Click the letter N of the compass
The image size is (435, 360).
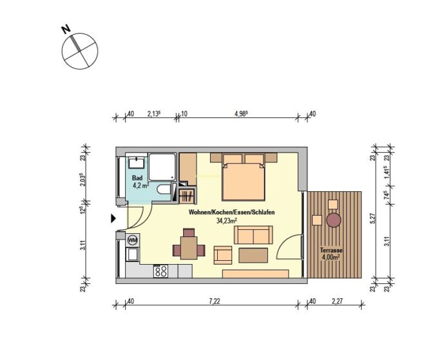pos(66,30)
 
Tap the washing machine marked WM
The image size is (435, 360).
pos(133,240)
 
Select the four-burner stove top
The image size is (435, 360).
pos(160,271)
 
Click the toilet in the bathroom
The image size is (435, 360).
pos(164,189)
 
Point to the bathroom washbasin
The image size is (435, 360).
pos(136,162)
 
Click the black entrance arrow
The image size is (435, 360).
pos(113,218)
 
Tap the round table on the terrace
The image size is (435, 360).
pos(333,220)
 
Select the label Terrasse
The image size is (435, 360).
pos(331,250)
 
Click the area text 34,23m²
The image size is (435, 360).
pos(226,221)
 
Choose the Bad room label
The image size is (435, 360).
pos(137,178)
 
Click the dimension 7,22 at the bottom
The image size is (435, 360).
pos(215,301)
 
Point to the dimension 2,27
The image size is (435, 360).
pos(337,301)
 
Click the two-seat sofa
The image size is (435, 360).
pos(253,235)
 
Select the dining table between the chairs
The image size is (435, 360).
pos(189,248)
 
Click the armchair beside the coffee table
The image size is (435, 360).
pos(223,255)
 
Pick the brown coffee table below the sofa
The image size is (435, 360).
pos(253,255)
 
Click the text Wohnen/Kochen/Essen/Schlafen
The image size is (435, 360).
pos(231,213)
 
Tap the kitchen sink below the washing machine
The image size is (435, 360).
pos(132,254)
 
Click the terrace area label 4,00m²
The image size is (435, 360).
pos(331,257)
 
